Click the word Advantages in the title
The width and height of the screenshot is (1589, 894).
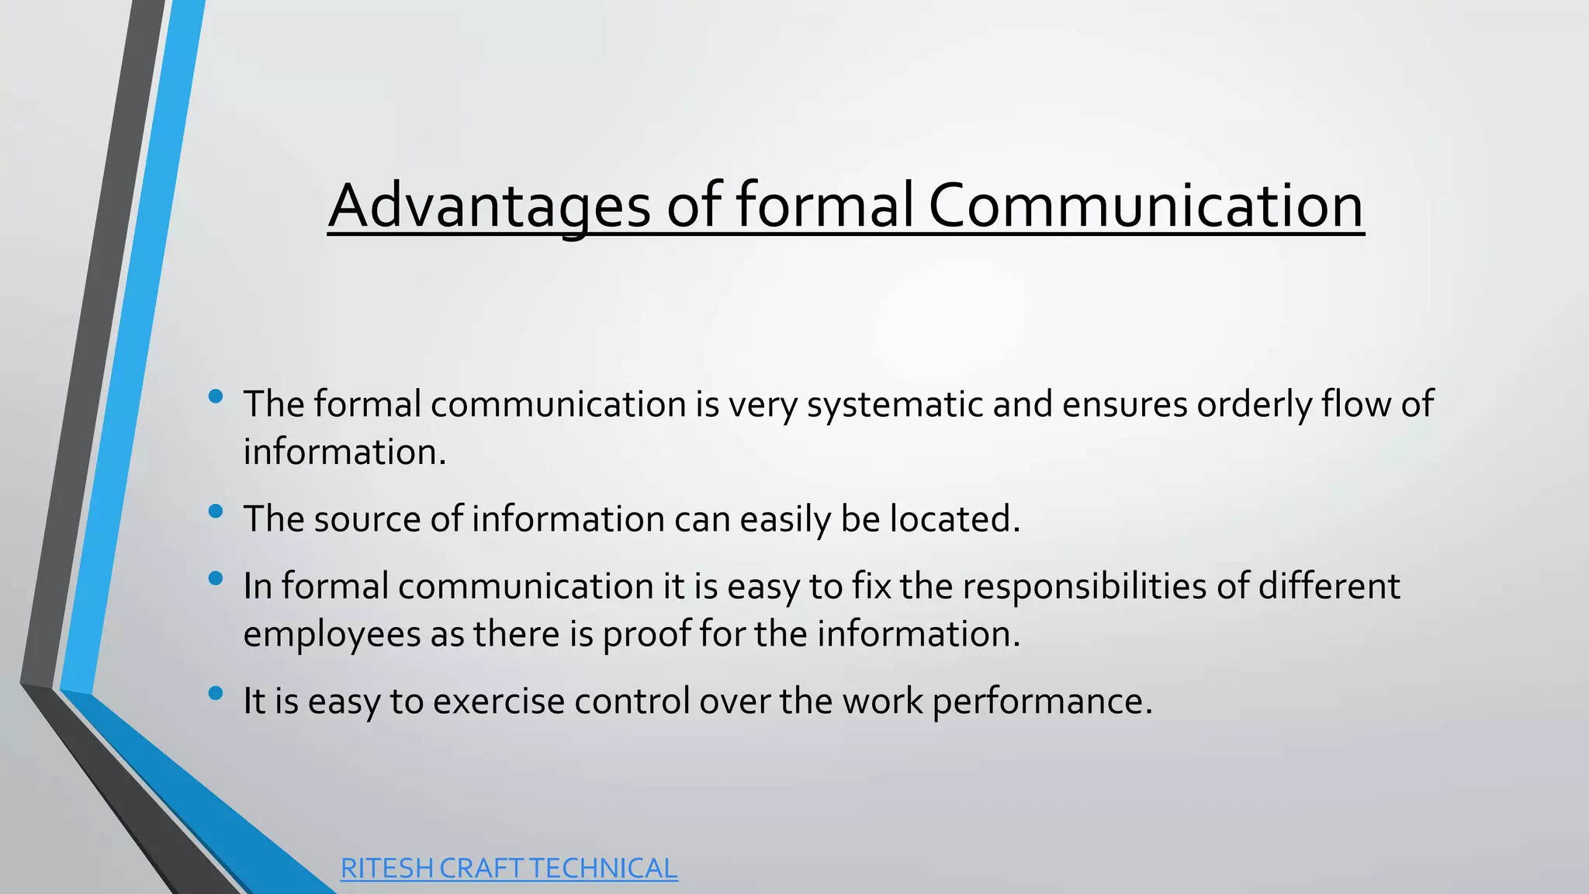(489, 206)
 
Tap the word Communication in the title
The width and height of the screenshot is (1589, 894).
(1145, 206)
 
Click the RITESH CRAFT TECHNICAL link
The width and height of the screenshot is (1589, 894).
(509, 868)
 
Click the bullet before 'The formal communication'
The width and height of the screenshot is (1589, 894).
(216, 397)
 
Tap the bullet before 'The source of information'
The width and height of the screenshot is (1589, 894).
(216, 511)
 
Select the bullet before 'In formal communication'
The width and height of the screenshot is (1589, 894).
(216, 578)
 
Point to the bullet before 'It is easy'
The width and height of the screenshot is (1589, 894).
(216, 693)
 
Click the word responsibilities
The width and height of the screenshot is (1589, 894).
(1085, 586)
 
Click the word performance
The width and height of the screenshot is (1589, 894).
(1042, 702)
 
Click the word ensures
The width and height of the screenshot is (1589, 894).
(1124, 405)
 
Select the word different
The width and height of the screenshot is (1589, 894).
(1329, 586)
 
